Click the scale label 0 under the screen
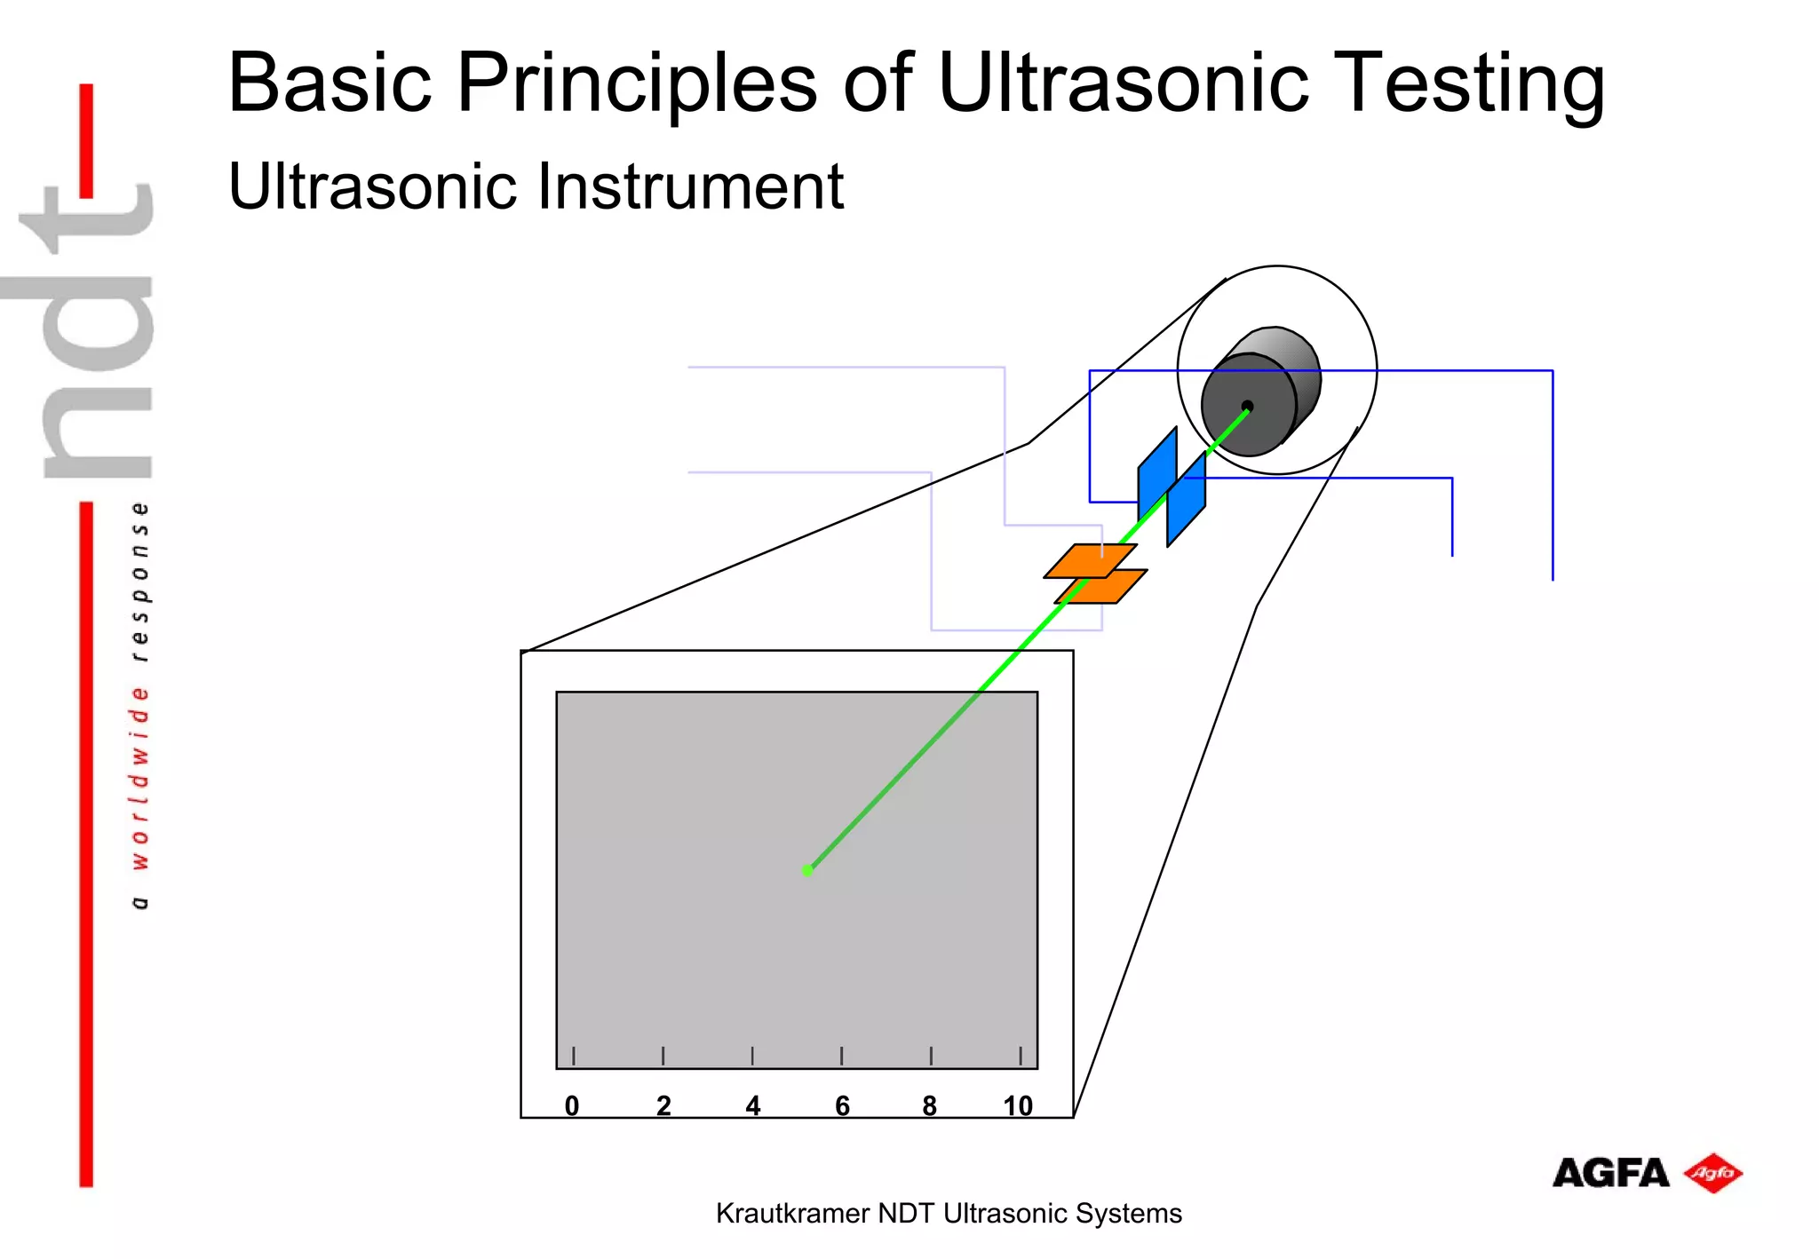tap(572, 1105)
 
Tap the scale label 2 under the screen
tap(663, 1105)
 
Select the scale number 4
tap(753, 1105)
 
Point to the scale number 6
tap(842, 1105)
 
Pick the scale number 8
tap(930, 1105)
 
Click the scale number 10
tap(1018, 1105)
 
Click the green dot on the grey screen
tap(807, 870)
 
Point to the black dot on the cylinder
tap(1247, 407)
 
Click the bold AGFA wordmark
tap(1610, 1173)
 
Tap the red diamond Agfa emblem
tap(1713, 1173)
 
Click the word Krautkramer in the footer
tap(792, 1213)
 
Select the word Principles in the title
tap(636, 85)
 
